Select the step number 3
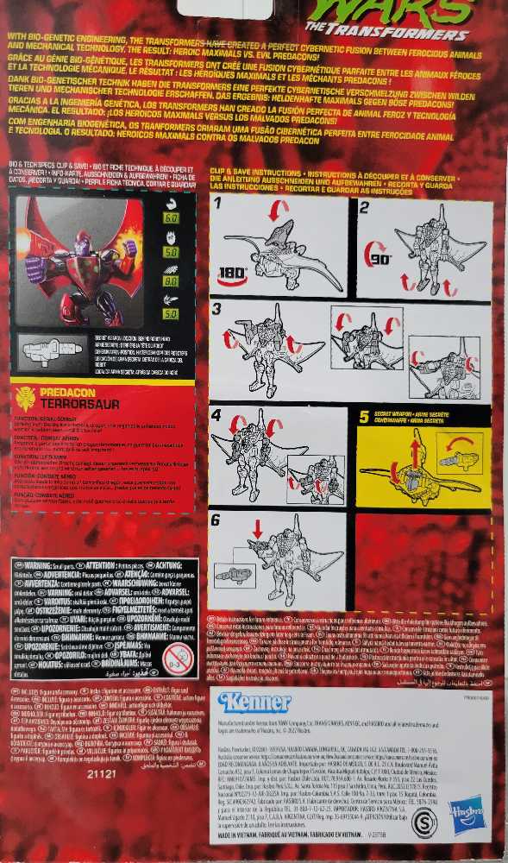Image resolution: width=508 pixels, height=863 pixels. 217,309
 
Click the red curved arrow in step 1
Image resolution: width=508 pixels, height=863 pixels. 278,211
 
